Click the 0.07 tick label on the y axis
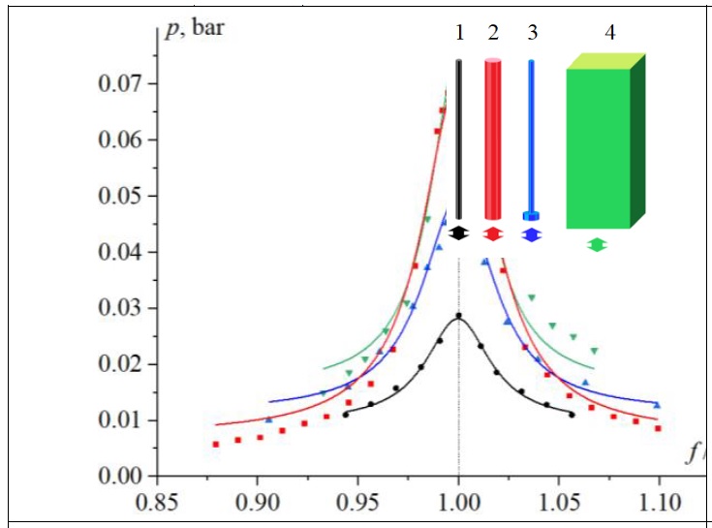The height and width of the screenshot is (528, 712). point(121,83)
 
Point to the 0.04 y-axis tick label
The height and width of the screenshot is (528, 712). point(121,253)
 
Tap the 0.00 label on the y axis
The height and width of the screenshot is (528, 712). point(121,477)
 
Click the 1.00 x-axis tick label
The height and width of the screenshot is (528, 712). point(458,504)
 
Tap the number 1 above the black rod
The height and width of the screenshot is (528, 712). point(459,33)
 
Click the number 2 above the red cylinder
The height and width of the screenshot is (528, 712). point(493,33)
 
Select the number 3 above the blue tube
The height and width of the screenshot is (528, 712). point(532,33)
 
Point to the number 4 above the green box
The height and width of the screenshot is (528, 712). point(609,33)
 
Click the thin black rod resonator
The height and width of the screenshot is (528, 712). point(459,140)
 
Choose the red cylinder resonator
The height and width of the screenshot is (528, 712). point(493,140)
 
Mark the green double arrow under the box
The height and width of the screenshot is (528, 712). point(598,245)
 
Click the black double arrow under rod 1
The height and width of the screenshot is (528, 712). point(459,233)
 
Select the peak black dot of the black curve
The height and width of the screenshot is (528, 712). point(459,316)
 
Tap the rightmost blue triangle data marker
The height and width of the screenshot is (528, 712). point(657,405)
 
